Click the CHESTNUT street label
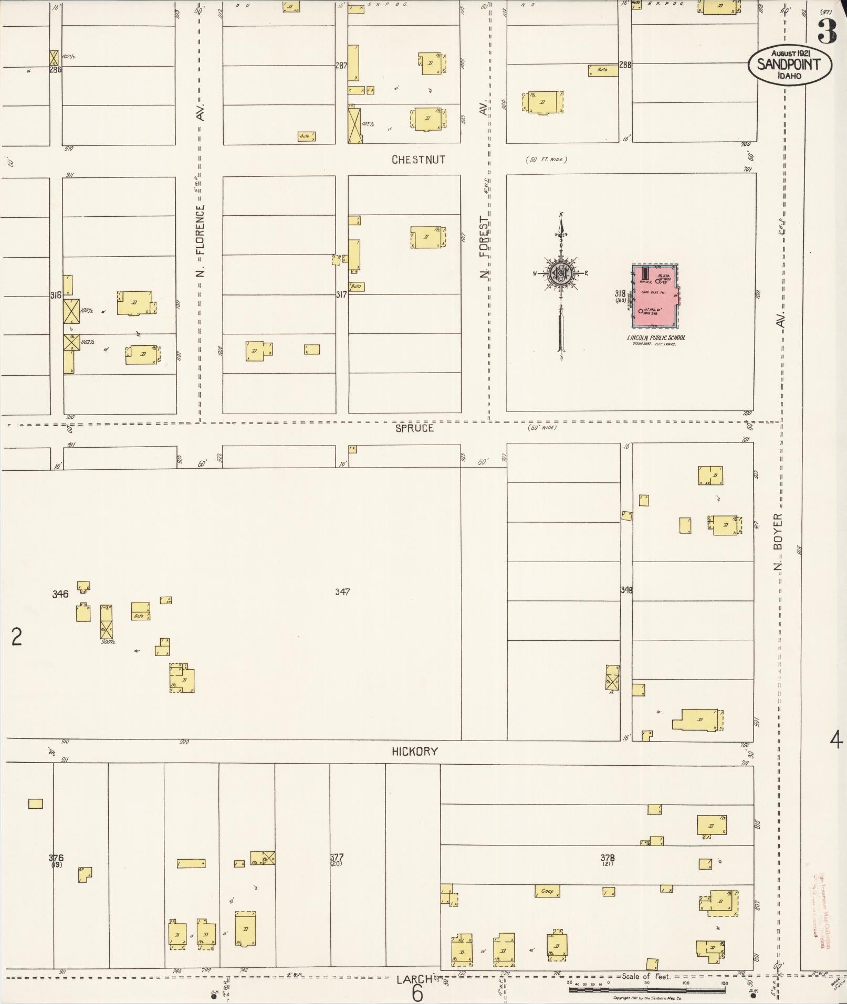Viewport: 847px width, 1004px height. [419, 160]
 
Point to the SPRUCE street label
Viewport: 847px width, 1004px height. [415, 428]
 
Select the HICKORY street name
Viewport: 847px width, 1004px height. [415, 752]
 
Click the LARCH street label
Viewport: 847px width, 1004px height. [414, 979]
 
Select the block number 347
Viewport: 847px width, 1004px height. [342, 592]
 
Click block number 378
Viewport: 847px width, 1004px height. [608, 858]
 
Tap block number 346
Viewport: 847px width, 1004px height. [60, 594]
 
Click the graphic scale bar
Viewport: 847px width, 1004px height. [647, 990]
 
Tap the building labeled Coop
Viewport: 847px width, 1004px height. [547, 891]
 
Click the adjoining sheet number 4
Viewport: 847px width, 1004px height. [835, 741]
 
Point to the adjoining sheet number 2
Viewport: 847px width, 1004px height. [17, 637]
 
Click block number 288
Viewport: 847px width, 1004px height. [625, 65]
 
